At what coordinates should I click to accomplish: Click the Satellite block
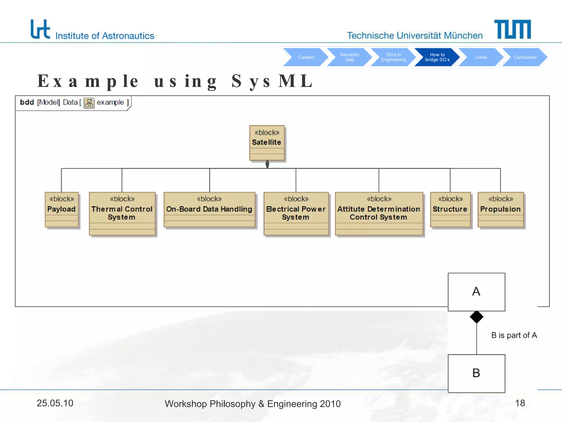(267, 143)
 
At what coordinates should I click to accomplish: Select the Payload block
(62, 209)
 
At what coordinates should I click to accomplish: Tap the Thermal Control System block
(122, 213)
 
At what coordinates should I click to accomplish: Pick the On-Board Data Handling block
(209, 209)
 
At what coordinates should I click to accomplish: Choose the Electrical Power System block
(296, 213)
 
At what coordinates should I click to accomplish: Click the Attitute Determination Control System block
(379, 213)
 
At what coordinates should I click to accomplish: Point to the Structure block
(450, 209)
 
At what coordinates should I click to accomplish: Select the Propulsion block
(501, 209)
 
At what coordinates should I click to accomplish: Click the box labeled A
(476, 292)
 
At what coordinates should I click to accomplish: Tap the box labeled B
(476, 373)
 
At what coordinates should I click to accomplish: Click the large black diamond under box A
(476, 317)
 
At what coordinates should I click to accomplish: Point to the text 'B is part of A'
(514, 335)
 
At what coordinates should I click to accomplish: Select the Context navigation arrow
(306, 57)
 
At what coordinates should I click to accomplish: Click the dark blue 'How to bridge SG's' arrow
(437, 57)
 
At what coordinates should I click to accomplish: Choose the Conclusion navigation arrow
(524, 57)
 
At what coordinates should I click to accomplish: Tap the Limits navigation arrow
(481, 57)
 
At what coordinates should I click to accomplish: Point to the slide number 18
(520, 403)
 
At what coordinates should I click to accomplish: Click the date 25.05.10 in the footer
(55, 403)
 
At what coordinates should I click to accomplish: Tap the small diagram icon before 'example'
(89, 103)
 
